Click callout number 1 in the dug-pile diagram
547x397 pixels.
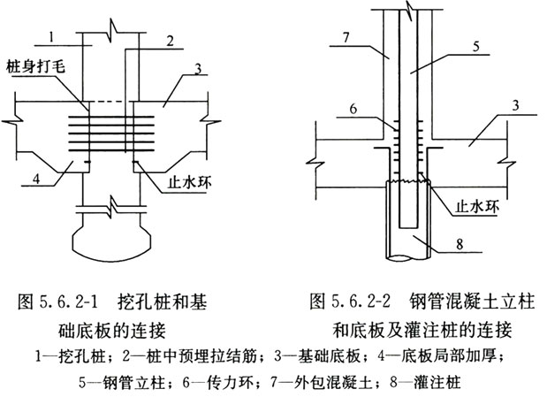point(53,37)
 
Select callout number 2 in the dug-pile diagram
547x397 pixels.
point(169,39)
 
